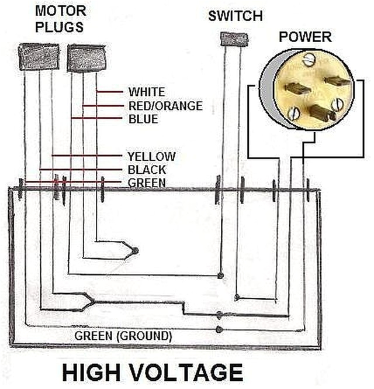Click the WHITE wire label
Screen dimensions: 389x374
click(x=146, y=92)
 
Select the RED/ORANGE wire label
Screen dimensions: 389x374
click(x=165, y=106)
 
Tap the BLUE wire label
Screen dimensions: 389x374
click(x=143, y=119)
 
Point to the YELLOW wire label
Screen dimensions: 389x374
click(x=151, y=156)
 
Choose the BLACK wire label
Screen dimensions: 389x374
click(x=146, y=170)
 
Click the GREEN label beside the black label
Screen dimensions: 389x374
click(x=146, y=183)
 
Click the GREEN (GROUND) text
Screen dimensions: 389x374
click(x=123, y=336)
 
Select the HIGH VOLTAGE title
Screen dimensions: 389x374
click(x=152, y=373)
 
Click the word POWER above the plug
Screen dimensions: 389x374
click(x=304, y=37)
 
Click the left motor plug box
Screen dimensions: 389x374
click(x=39, y=57)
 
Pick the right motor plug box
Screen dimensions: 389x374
click(x=85, y=58)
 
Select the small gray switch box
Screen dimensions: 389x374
click(x=233, y=39)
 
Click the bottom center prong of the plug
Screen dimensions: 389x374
click(x=321, y=112)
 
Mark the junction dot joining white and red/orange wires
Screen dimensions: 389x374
click(x=135, y=250)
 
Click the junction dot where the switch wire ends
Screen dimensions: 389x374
click(x=220, y=275)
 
